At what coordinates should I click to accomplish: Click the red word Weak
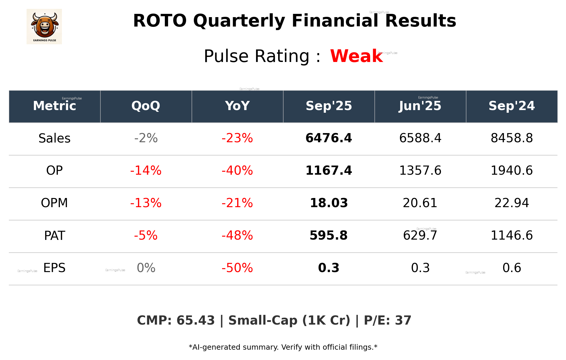coord(356,56)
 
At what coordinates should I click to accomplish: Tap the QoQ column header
coord(146,106)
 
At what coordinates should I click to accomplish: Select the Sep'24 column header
coord(511,106)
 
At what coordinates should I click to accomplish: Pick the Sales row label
coord(55,138)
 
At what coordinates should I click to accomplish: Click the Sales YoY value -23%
coord(237,138)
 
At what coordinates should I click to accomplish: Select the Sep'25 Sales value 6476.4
coord(329,138)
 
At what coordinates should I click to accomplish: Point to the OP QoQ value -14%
coord(146,171)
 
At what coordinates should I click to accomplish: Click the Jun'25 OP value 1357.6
coord(420,171)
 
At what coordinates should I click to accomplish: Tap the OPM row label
coord(55,203)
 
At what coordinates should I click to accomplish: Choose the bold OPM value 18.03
coord(329,203)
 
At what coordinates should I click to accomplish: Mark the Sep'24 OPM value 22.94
coord(511,203)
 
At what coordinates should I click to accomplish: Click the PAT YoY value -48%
coord(237,235)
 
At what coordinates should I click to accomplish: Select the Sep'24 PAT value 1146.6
coord(511,235)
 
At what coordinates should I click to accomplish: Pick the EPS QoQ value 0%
coord(146,268)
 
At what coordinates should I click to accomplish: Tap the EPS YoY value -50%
coord(237,268)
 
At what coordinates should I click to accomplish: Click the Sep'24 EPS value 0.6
coord(511,268)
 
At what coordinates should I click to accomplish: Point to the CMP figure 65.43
coord(196,320)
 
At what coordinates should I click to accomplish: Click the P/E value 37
coord(403,320)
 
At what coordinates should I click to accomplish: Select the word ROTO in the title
coord(160,21)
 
